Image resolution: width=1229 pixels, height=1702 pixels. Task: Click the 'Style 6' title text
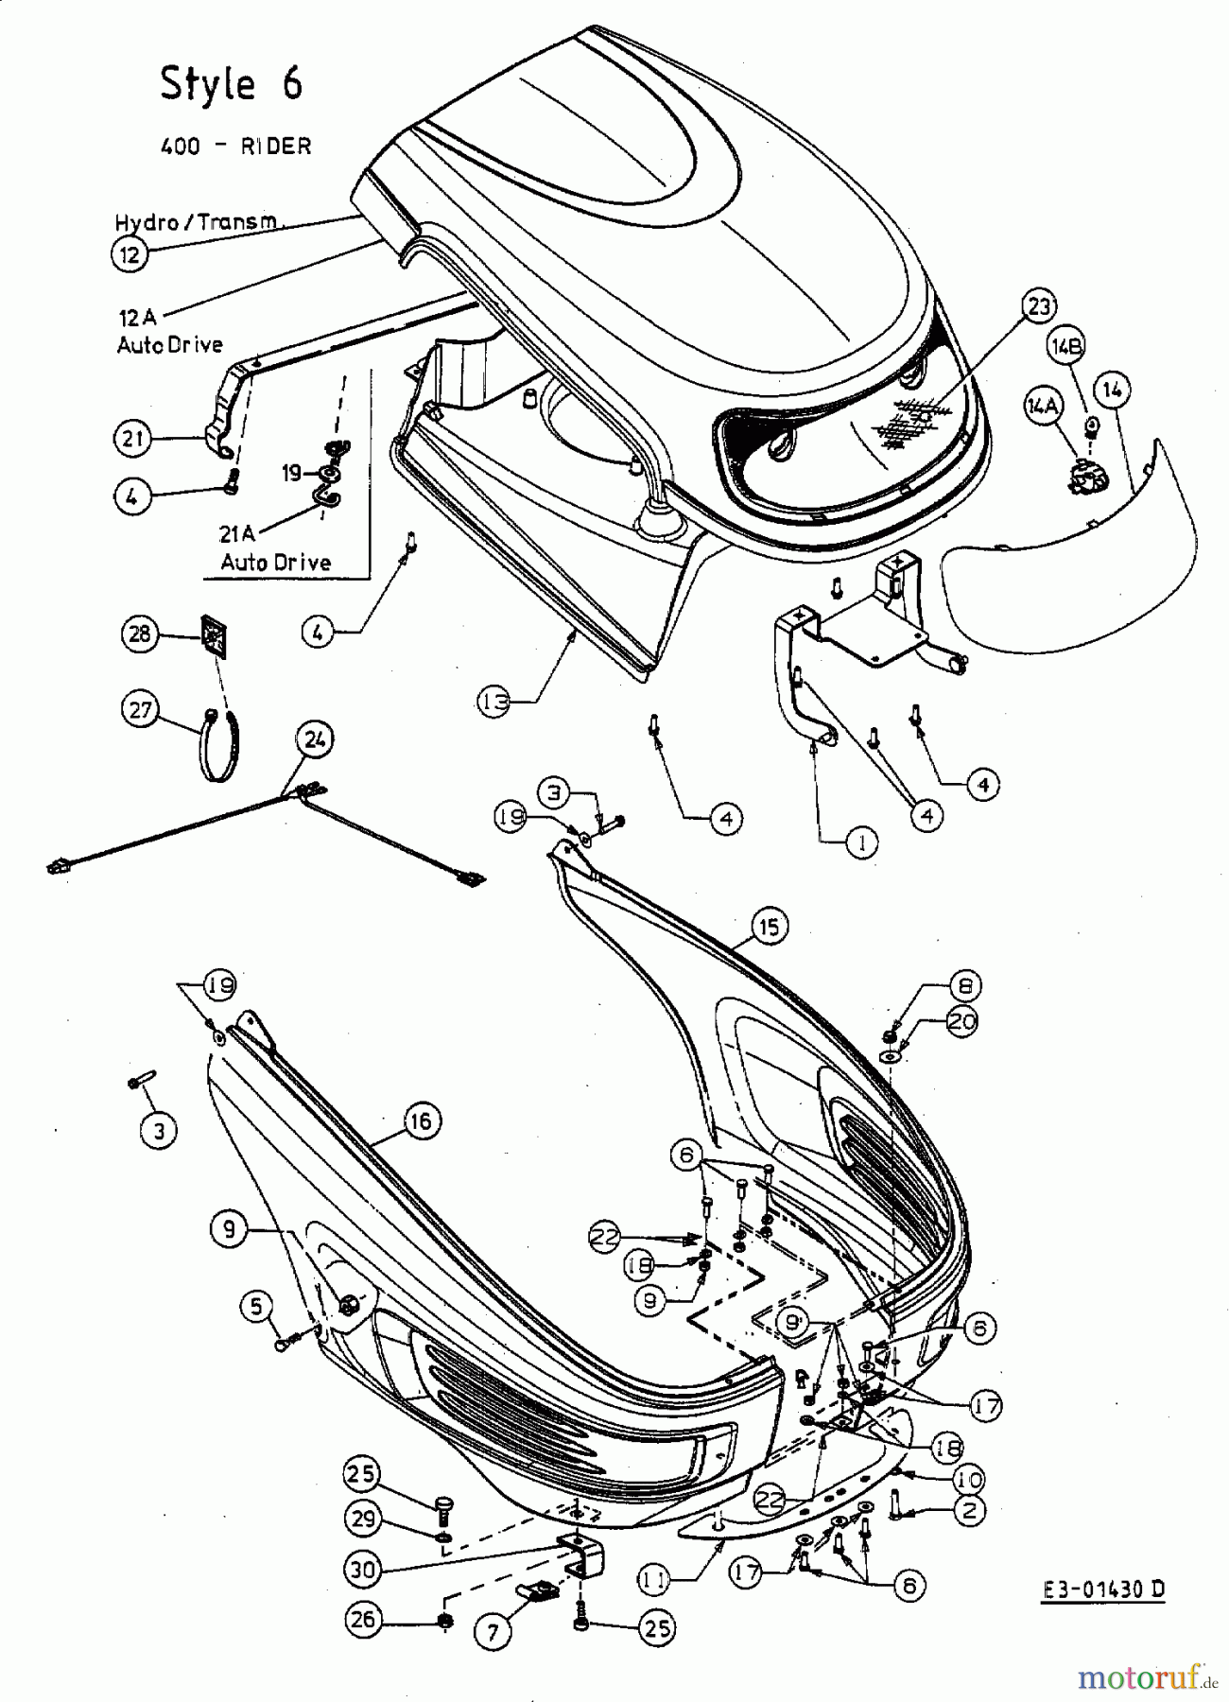[x=232, y=83]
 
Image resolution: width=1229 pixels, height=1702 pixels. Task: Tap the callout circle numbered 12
[x=130, y=253]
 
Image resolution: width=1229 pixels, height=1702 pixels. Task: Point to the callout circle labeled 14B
[x=1065, y=347]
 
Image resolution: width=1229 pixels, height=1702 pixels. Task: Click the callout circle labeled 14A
[x=1042, y=406]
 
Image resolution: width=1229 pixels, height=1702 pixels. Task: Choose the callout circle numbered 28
[x=140, y=633]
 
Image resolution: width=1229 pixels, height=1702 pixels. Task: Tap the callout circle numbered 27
[x=140, y=709]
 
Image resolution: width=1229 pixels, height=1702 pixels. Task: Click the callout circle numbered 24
[x=315, y=738]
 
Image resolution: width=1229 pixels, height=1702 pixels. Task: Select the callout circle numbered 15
[x=770, y=927]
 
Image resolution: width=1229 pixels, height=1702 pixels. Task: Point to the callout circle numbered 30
[x=363, y=1570]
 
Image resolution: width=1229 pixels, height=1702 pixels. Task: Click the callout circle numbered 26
[x=363, y=1620]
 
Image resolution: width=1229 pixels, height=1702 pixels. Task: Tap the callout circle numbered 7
[x=493, y=1631]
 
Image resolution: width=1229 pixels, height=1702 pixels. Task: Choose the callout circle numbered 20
[x=961, y=1021]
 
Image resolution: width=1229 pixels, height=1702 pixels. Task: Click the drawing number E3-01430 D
[x=1103, y=1589]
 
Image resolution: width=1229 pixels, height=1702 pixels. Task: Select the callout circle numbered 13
[x=493, y=702]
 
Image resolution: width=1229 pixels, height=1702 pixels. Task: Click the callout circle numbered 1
[x=861, y=841]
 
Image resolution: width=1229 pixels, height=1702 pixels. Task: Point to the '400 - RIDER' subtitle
[x=235, y=146]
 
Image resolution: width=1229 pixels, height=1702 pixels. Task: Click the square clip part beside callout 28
[x=214, y=635]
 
